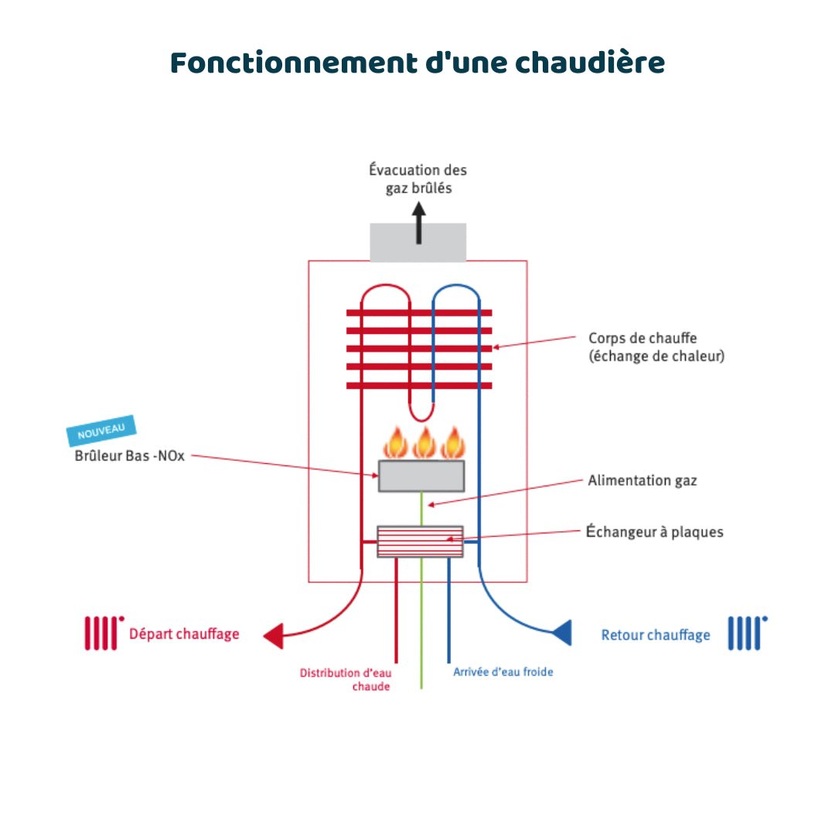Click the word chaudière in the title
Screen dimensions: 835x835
(x=589, y=63)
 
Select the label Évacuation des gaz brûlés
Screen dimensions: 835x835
(x=418, y=179)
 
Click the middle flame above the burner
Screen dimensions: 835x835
(x=423, y=443)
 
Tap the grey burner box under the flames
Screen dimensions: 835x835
(x=421, y=475)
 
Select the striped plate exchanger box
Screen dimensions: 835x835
(x=420, y=541)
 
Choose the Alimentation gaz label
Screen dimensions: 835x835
(x=642, y=480)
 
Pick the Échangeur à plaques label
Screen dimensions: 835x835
(x=654, y=532)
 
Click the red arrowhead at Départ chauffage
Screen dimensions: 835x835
(x=274, y=636)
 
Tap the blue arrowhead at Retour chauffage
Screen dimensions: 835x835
(x=562, y=632)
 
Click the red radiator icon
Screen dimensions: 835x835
(x=103, y=632)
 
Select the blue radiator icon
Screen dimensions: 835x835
(x=747, y=632)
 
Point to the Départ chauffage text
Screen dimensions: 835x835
(x=184, y=634)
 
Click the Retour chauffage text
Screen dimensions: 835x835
(x=655, y=635)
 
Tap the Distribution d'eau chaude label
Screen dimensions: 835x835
(x=345, y=679)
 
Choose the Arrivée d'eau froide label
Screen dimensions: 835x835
(x=503, y=672)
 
